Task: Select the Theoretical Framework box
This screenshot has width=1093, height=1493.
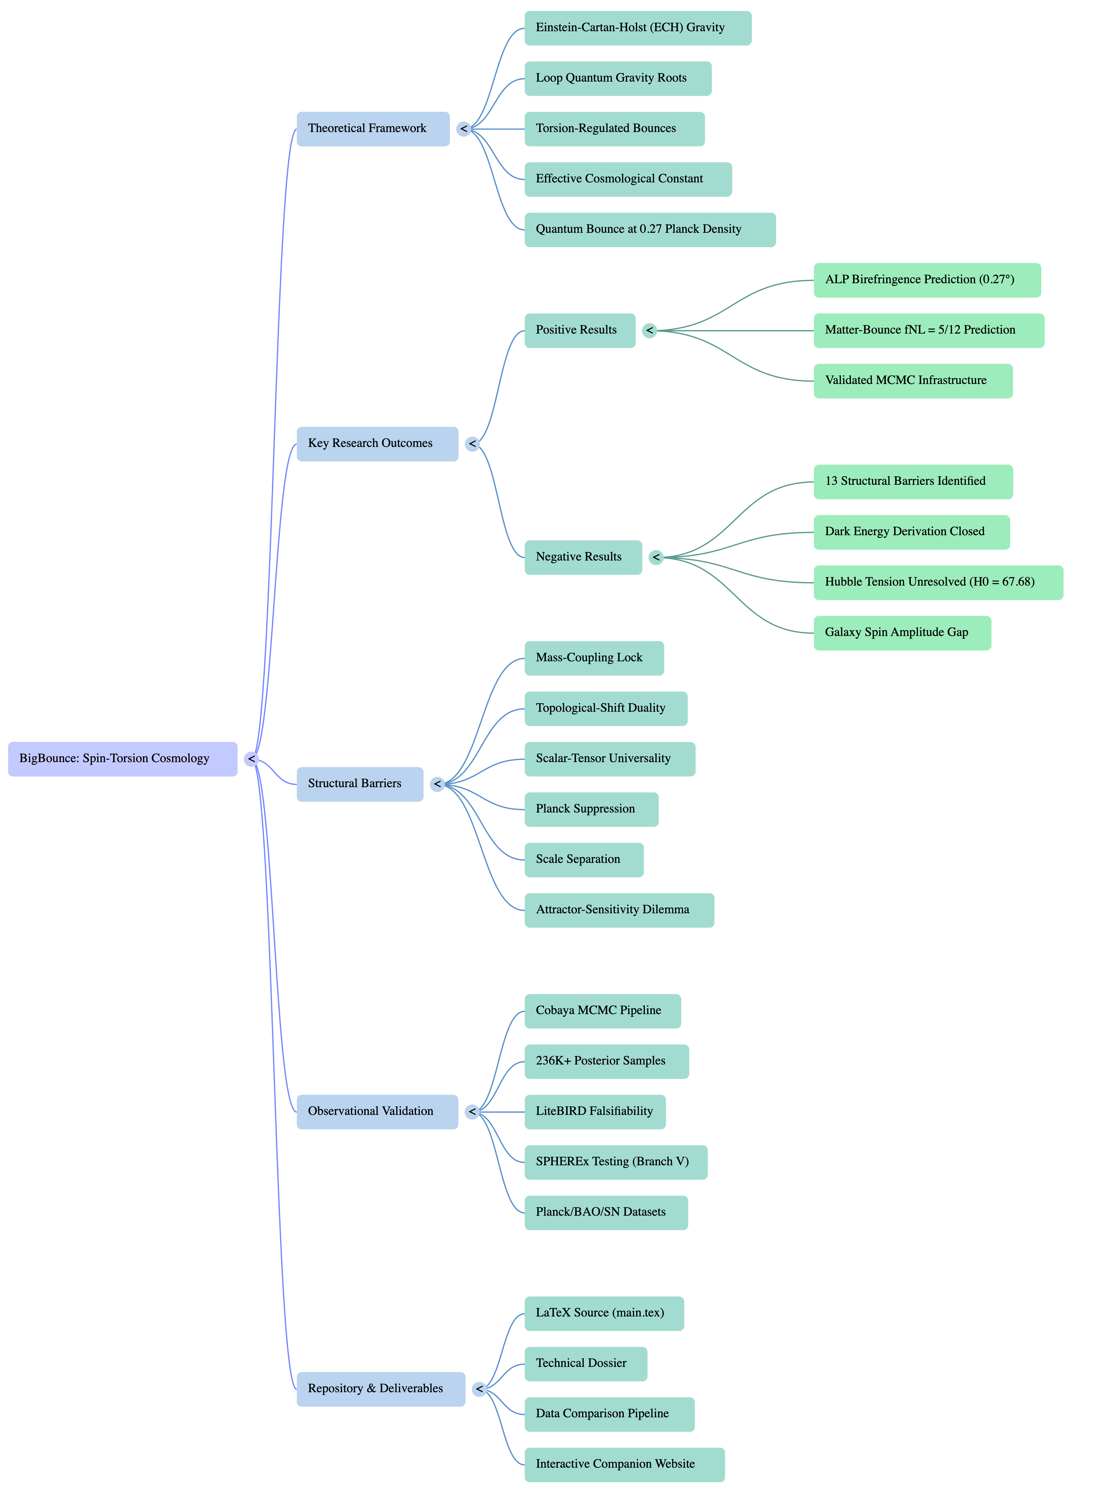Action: [x=372, y=128]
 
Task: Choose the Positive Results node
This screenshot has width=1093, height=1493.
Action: [x=580, y=330]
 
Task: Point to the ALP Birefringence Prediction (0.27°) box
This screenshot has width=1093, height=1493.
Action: [x=926, y=280]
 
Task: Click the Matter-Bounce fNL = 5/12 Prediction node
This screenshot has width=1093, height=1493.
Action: [x=928, y=330]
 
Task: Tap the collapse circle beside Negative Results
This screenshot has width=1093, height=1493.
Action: [x=656, y=557]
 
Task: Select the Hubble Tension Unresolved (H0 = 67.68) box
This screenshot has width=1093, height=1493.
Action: [x=937, y=582]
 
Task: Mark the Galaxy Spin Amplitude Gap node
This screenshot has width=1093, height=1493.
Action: [x=902, y=633]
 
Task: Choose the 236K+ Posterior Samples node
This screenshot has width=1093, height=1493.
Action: [x=606, y=1061]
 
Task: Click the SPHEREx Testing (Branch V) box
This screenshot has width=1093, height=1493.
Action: [x=615, y=1162]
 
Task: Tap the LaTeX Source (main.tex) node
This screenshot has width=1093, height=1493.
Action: [x=603, y=1313]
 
